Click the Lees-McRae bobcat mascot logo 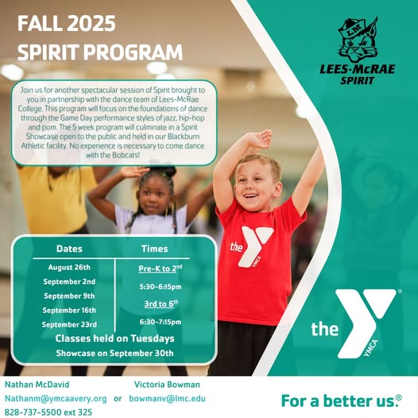click(x=358, y=40)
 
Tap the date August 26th click(x=69, y=267)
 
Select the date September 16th click(x=69, y=310)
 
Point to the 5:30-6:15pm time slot click(x=161, y=287)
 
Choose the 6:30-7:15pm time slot click(x=161, y=322)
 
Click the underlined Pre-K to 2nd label click(x=161, y=268)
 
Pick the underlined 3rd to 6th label click(x=161, y=304)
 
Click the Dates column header click(x=69, y=249)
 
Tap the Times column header click(x=155, y=249)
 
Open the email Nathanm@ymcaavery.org click(x=56, y=399)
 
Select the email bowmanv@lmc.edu click(x=168, y=399)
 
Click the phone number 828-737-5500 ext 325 click(x=48, y=412)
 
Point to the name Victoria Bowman click(x=167, y=385)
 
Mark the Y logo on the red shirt click(x=251, y=246)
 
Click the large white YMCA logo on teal click(x=356, y=323)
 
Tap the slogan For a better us click(x=342, y=401)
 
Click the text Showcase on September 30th click(x=114, y=353)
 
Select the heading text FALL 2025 click(x=67, y=24)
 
